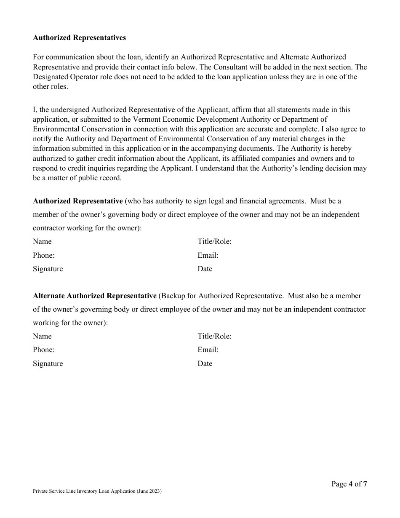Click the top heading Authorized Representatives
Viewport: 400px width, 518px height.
tap(79, 38)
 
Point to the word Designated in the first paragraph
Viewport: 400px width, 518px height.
tap(50, 77)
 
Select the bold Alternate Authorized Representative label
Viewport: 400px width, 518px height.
tap(95, 296)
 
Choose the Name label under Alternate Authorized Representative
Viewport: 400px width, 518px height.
tap(42, 336)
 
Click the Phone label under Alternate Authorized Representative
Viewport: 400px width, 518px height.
tap(43, 350)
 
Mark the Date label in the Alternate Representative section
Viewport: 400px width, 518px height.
tap(205, 363)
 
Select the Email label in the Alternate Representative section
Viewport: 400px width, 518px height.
tap(208, 350)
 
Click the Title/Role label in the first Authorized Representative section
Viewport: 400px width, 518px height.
tap(214, 241)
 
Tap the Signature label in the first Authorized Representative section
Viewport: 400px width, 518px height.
tap(48, 269)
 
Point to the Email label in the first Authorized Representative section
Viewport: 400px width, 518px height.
tap(208, 255)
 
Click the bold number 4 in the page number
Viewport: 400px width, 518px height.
tap(350, 484)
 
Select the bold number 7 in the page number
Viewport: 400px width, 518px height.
tap(365, 484)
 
